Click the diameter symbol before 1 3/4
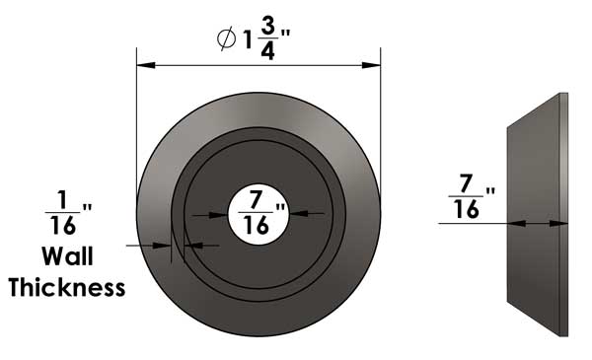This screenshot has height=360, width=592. (227, 39)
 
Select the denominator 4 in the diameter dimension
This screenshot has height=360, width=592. (267, 50)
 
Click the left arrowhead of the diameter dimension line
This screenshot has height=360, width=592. (146, 65)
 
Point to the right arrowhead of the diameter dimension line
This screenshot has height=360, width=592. (371, 65)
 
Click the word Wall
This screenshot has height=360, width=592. (67, 256)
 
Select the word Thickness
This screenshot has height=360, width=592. (67, 288)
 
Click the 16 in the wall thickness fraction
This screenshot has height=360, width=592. (63, 225)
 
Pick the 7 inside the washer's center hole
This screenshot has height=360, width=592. (256, 199)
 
